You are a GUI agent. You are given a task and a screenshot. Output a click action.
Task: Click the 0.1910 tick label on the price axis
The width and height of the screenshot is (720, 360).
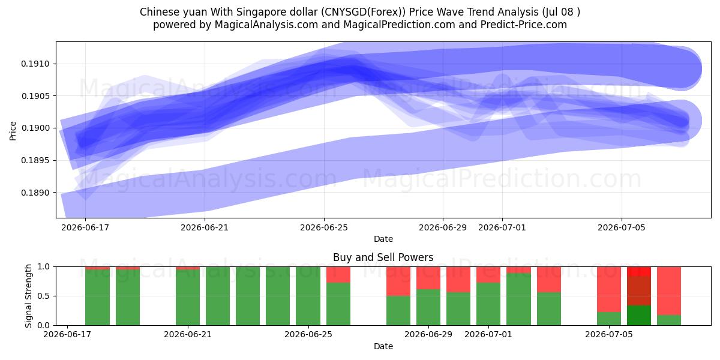click(35, 64)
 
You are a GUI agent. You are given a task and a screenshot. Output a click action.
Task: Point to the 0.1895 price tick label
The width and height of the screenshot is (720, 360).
click(35, 160)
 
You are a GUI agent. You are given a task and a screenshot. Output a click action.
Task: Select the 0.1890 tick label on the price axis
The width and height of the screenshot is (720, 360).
click(35, 193)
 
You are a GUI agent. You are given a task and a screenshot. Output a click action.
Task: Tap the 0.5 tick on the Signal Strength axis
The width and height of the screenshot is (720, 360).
click(43, 296)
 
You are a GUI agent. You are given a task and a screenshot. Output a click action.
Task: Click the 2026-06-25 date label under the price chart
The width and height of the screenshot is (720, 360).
click(324, 227)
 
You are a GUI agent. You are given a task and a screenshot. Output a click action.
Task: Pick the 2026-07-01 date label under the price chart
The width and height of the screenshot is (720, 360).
click(502, 227)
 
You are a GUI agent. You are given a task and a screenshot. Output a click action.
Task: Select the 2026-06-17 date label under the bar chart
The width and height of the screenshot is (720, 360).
click(67, 335)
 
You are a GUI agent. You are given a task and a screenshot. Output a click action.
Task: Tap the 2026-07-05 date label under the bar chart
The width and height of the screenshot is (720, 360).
click(609, 335)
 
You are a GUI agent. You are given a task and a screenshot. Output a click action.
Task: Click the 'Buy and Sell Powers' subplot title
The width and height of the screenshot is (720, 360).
click(383, 257)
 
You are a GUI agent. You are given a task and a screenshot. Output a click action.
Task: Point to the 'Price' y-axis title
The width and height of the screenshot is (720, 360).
click(13, 131)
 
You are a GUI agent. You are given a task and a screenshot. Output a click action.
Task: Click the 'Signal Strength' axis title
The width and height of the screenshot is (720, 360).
click(29, 296)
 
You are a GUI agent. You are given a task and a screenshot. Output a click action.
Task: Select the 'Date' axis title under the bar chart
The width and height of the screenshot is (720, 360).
click(383, 346)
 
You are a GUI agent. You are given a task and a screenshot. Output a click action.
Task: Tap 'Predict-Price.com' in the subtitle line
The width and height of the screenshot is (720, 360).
click(524, 25)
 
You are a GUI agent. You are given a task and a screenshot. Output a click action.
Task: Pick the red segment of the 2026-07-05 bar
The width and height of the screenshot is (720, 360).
click(609, 289)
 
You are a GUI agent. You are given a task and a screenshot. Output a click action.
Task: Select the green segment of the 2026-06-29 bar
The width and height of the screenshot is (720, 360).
click(428, 307)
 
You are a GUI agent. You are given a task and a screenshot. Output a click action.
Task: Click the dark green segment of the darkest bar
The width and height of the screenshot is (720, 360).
click(639, 316)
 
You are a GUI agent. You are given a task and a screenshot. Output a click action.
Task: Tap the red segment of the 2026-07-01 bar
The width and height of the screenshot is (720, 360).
click(488, 275)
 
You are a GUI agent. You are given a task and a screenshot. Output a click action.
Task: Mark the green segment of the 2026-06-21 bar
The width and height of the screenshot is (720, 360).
click(188, 298)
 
